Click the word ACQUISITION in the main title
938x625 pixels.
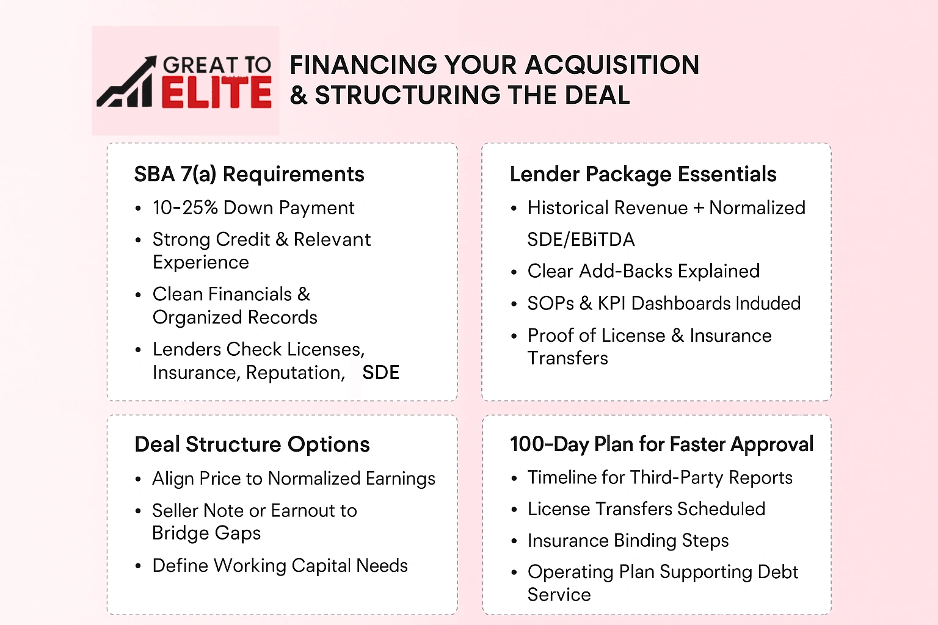point(612,65)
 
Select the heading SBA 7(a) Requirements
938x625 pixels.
point(249,175)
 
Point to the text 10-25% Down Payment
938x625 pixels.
point(253,208)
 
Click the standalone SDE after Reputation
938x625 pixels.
point(380,372)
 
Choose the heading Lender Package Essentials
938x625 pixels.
point(643,175)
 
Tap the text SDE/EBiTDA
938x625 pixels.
point(581,240)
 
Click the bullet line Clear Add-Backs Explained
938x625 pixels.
point(644,271)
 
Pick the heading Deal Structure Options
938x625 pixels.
point(252,445)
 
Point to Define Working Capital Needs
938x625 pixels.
point(280,566)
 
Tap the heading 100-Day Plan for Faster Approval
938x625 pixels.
point(661,444)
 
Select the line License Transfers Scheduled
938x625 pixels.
point(646,509)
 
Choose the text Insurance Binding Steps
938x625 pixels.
point(628,541)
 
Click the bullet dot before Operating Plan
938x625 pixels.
point(514,573)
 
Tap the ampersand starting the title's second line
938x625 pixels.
point(299,96)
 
